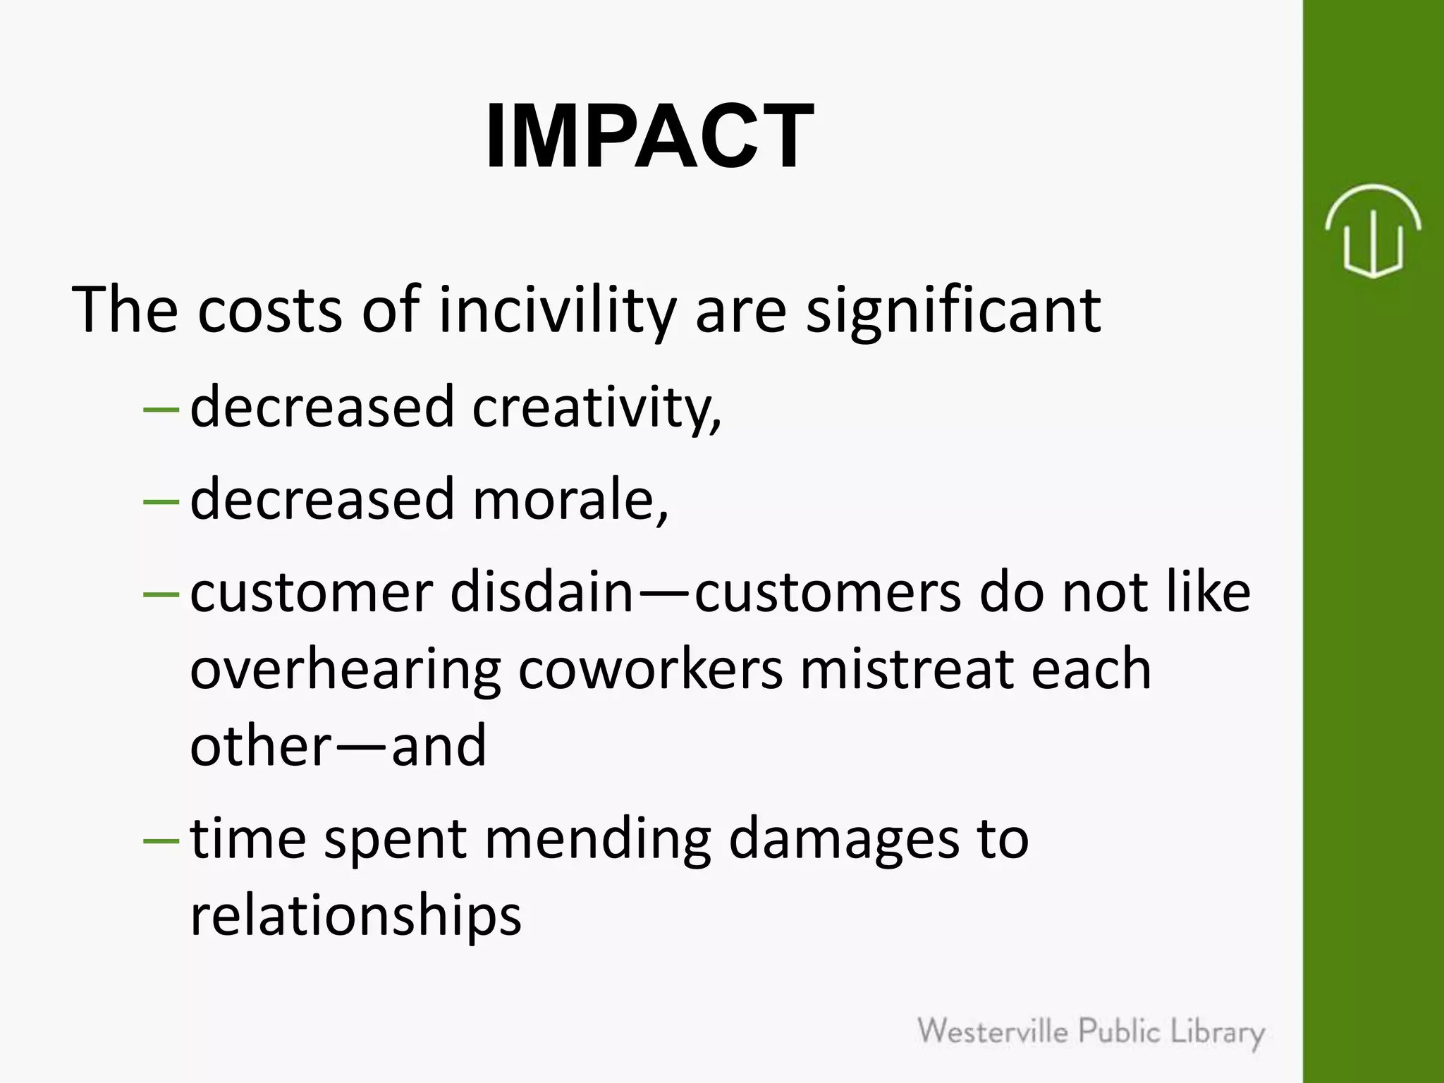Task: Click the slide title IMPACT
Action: point(649,136)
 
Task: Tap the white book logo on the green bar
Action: point(1372,231)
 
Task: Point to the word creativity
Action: point(596,408)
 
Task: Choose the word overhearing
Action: point(345,670)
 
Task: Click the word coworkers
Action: point(650,670)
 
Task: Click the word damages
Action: point(843,839)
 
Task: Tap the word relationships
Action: point(356,915)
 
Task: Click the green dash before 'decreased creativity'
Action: point(161,409)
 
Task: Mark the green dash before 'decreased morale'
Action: point(161,501)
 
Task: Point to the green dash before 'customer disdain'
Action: point(161,594)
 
